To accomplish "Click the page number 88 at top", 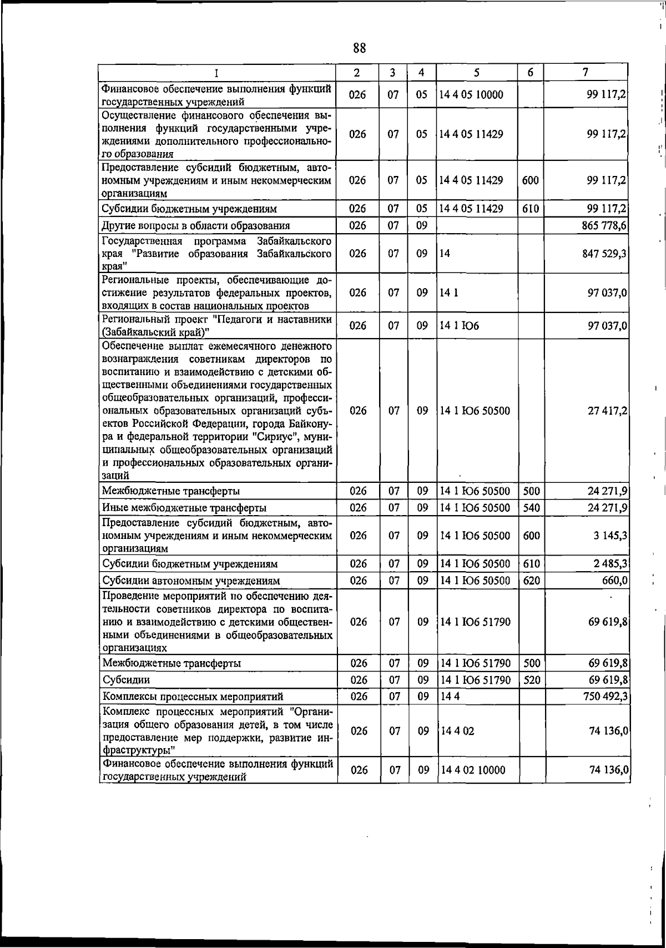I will pos(359,48).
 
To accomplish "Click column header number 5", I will pos(476,72).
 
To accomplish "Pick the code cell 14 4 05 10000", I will pos(471,94).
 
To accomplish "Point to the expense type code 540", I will pos(531,507).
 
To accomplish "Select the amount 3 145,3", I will pos(610,536).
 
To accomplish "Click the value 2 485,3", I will pos(609,564).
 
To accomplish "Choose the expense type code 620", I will pos(532,581).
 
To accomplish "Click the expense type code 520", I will pos(532,680).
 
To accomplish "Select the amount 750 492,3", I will pos(606,696).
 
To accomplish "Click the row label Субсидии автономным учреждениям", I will pos(191,581).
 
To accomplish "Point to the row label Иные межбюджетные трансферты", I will pos(184,508).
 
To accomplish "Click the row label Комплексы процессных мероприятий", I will pos(193,697).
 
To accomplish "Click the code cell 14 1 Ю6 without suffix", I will pos(459,326).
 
